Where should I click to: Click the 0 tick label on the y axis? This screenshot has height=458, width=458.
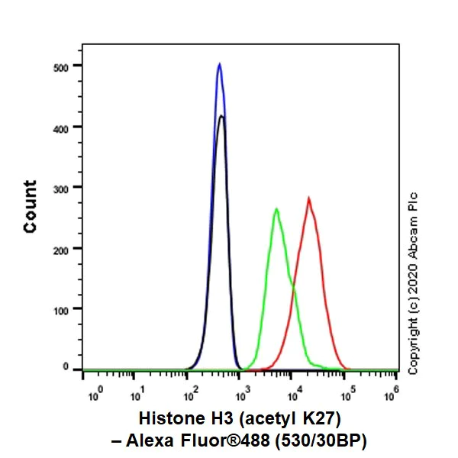click(x=66, y=369)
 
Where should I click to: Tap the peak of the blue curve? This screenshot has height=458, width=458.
click(x=219, y=64)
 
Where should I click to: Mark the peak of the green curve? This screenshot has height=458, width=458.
click(x=276, y=208)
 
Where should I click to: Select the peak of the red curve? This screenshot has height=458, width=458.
click(x=308, y=198)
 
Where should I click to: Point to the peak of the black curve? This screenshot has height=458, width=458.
click(x=221, y=116)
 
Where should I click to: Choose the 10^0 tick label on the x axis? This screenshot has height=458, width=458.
click(x=95, y=396)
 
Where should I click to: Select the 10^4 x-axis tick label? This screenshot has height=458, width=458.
click(x=293, y=396)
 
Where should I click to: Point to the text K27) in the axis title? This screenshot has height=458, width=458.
click(x=318, y=418)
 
